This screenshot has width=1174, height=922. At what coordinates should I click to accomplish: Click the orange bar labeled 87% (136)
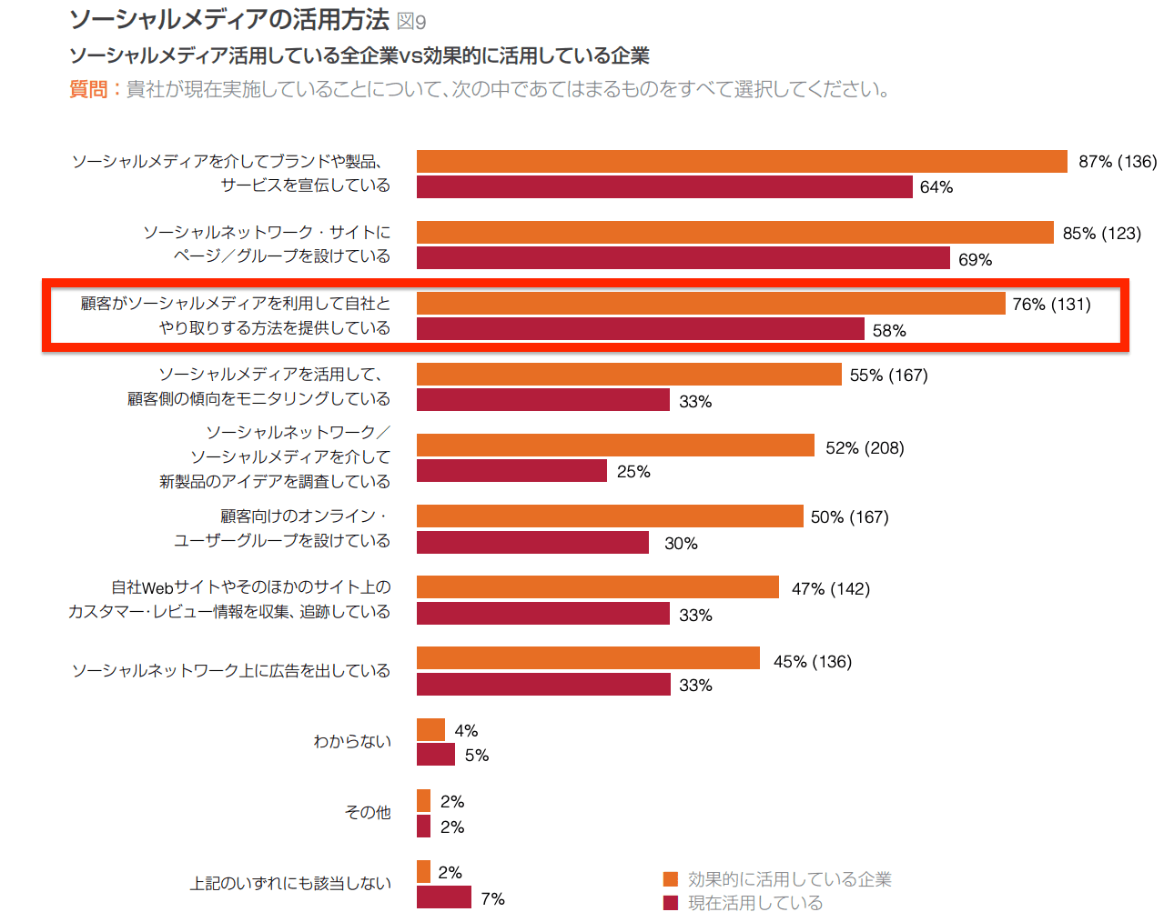[742, 162]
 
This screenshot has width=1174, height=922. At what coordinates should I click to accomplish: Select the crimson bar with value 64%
[664, 187]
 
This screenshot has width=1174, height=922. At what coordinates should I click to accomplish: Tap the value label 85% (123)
[1101, 234]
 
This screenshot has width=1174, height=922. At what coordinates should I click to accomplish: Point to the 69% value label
[975, 260]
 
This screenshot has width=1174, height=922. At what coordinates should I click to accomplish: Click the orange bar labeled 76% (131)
[711, 304]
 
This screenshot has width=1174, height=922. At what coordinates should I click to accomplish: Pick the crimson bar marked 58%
[640, 329]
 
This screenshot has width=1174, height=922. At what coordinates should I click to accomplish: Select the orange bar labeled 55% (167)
[629, 375]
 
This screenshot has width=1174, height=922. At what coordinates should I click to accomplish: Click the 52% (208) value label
[865, 448]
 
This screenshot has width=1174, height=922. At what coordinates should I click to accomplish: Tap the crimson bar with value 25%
[511, 471]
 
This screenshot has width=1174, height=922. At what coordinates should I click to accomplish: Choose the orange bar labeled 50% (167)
[610, 516]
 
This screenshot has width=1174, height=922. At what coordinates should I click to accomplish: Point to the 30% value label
[681, 544]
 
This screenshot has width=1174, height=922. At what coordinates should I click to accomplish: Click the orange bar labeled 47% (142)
[598, 587]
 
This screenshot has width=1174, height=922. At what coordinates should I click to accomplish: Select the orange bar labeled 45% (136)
[588, 658]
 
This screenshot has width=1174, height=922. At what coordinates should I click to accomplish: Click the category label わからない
[352, 742]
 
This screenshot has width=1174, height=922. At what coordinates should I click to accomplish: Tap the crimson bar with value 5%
[435, 755]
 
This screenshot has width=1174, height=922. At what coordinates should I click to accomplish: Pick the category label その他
[368, 813]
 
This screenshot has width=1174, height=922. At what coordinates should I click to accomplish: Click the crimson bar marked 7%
[443, 897]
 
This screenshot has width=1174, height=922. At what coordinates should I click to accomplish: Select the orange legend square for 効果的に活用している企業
[671, 879]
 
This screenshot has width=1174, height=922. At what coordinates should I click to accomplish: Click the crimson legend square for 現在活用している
[671, 903]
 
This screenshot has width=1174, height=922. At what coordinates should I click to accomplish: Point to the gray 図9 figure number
[411, 22]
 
